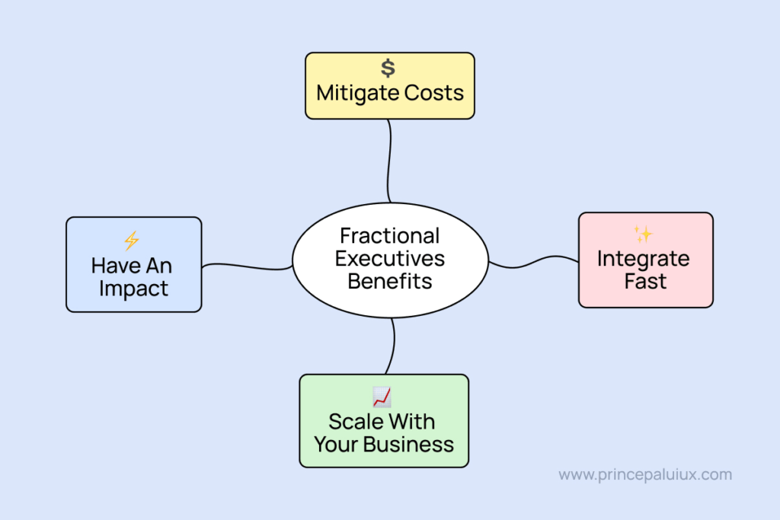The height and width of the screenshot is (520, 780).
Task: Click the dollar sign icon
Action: tap(388, 69)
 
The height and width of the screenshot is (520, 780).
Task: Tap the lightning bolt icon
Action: tap(132, 241)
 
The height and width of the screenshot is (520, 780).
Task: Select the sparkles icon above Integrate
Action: tap(644, 234)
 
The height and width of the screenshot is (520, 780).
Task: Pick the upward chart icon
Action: tap(382, 397)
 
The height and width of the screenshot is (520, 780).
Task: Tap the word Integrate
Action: tap(644, 259)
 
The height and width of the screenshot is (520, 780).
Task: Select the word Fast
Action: tap(645, 282)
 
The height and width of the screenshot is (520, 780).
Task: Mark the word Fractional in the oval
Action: tap(390, 235)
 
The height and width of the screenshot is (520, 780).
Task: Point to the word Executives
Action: tap(390, 258)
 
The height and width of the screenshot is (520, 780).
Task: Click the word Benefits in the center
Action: tap(390, 281)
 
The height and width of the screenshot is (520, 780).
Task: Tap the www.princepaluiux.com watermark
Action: tap(645, 475)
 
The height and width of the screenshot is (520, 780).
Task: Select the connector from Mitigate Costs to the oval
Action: tap(391, 160)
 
